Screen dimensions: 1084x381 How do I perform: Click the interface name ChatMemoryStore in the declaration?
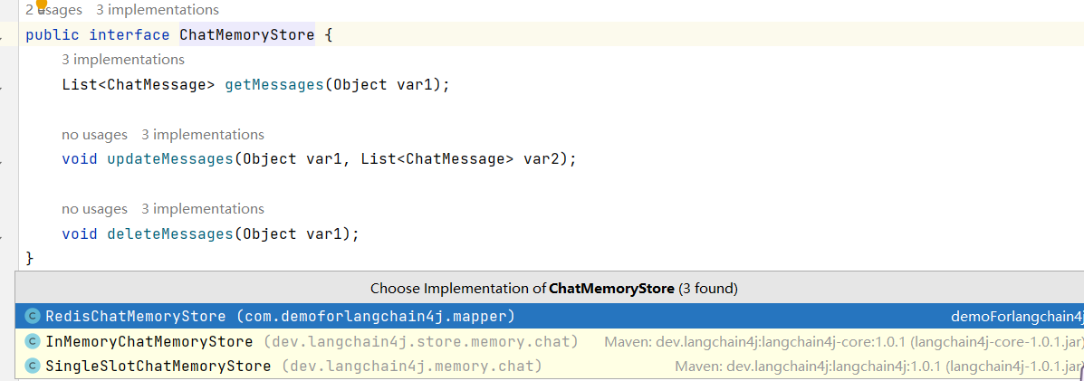246,35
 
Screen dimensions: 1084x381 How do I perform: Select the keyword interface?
129,35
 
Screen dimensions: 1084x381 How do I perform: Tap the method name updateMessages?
169,159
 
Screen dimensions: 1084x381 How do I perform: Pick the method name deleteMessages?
169,233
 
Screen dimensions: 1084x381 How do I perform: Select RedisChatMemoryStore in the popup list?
135,317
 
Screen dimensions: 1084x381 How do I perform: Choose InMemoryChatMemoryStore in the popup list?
149,342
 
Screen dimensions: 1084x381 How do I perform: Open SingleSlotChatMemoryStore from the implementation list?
158,367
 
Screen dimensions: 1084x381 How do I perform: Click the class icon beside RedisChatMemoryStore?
33,317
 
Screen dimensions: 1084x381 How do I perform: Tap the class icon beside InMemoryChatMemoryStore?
33,342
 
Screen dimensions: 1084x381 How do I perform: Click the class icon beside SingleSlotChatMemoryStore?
33,367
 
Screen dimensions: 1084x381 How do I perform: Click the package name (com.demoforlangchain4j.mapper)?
375,317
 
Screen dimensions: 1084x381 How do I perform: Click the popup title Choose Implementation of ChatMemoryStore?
553,290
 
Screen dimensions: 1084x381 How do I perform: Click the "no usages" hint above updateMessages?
94,135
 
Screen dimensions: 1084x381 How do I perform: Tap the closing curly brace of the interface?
30,259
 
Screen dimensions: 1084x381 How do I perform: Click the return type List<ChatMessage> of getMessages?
138,85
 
